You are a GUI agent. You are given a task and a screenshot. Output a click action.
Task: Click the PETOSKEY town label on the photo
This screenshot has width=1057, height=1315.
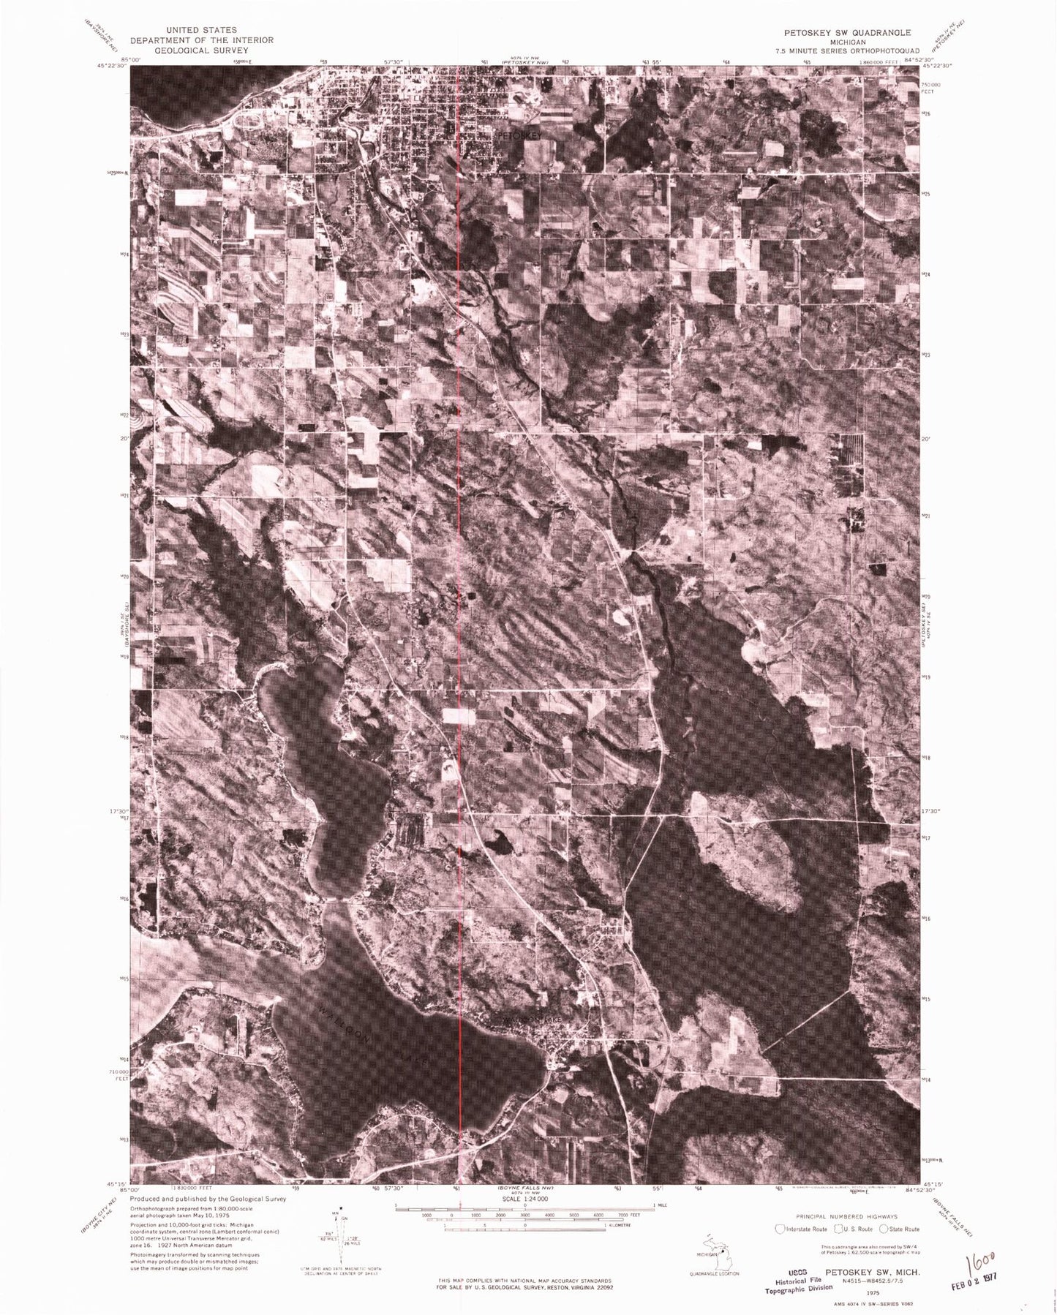(520, 136)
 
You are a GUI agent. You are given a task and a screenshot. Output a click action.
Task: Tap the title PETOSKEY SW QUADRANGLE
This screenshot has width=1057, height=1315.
(849, 33)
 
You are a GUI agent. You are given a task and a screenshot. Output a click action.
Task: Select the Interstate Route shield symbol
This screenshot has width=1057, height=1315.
(780, 1228)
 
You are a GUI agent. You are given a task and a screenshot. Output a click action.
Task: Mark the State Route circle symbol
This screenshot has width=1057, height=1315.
(884, 1228)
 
